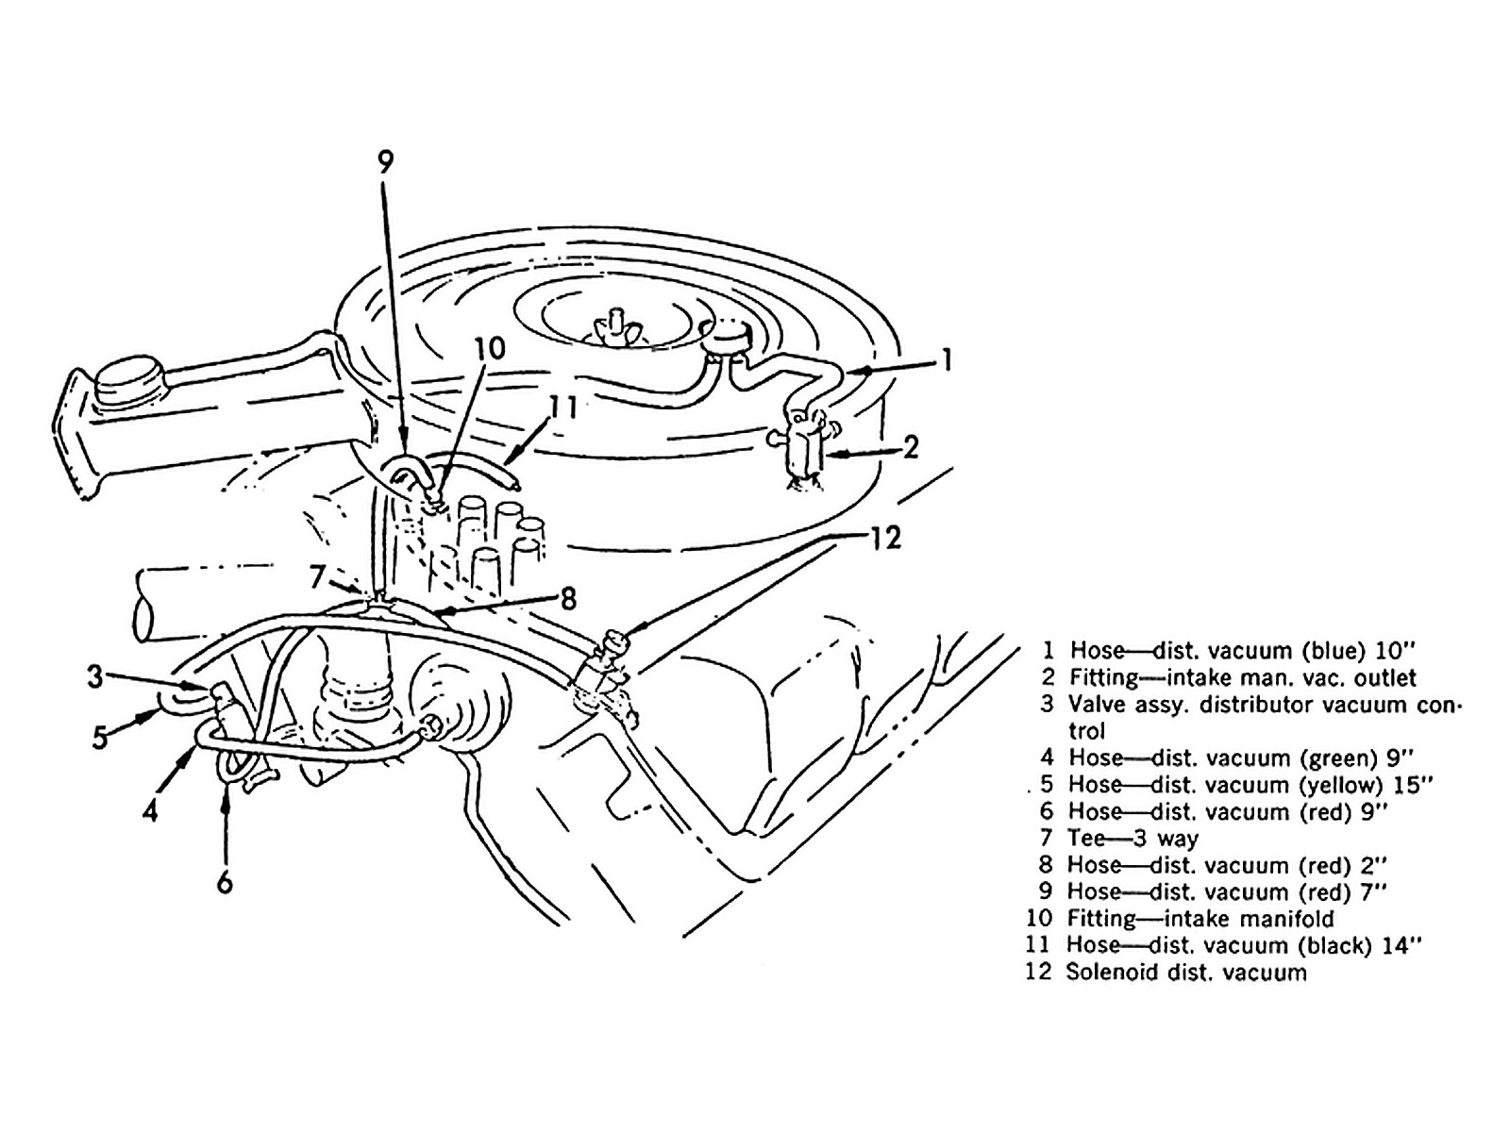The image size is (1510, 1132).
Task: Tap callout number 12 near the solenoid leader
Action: pos(884,539)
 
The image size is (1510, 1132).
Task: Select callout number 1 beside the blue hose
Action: pos(947,359)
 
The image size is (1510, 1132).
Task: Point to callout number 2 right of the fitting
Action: pos(910,446)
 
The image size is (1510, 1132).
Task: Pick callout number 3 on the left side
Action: pos(94,676)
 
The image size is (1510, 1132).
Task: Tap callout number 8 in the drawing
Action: pos(567,600)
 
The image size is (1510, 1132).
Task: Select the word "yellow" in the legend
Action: pos(1340,785)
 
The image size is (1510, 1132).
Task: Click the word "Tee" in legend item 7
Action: pos(1084,839)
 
